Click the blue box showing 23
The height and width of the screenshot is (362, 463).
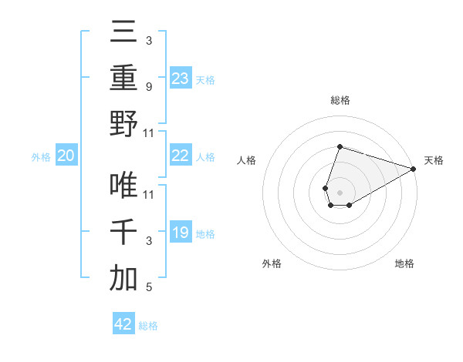tap(180, 78)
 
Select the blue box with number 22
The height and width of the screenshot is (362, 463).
tap(180, 156)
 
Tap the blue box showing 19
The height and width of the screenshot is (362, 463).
tap(180, 233)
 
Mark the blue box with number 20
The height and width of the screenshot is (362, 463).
tap(66, 156)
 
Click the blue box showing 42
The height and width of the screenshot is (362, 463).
tap(123, 324)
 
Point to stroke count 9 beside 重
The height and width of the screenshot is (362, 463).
tap(148, 87)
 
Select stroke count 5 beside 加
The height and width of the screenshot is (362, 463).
tap(148, 288)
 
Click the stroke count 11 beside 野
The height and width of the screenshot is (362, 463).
tap(148, 132)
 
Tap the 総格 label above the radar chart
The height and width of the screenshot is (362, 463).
tap(340, 100)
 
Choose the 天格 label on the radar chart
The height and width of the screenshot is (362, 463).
tap(434, 160)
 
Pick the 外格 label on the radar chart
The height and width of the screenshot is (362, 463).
tap(272, 263)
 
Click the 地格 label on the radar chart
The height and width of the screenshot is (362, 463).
tap(404, 263)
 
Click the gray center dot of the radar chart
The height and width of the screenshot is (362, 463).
tap(340, 192)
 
